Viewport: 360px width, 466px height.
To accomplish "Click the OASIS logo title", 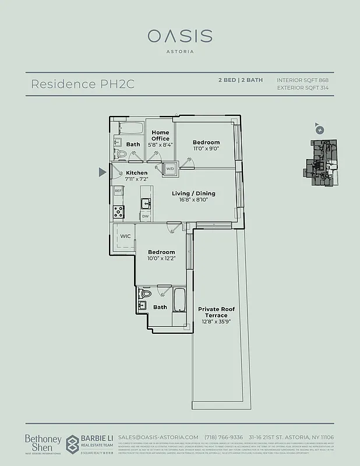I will coord(179,36).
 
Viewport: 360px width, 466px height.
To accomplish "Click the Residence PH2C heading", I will coord(83,84).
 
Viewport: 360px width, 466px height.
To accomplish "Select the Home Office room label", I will coord(160,136).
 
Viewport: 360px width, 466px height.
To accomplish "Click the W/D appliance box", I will coord(170,168).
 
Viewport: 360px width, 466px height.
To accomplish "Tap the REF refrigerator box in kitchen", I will coord(118,191).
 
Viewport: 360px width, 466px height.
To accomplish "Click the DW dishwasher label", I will coord(145,216).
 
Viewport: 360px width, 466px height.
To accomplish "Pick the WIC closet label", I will coord(125,236).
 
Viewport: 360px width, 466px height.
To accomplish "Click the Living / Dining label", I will coord(193,193).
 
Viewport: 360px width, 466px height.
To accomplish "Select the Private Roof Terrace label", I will coord(213,312).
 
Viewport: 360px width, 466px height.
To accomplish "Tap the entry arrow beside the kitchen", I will coord(103,172).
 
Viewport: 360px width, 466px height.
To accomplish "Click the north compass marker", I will coord(319,130).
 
